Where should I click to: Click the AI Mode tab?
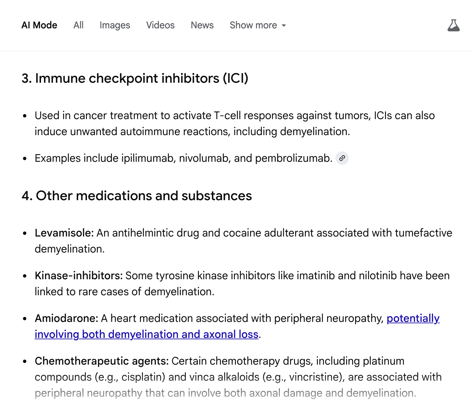[x=39, y=25]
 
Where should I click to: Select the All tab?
[x=78, y=25]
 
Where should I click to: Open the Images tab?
[x=115, y=25]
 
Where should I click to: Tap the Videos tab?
[x=160, y=25]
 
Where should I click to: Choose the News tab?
[x=202, y=25]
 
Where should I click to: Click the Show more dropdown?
[x=258, y=25]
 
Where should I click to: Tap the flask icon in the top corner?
[x=453, y=25]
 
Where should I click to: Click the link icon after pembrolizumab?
[x=342, y=158]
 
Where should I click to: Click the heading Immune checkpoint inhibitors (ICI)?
[x=135, y=78]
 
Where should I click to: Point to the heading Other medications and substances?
[x=137, y=196]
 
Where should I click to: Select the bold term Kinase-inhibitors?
[x=79, y=276]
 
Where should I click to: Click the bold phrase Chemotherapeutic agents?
[x=102, y=361]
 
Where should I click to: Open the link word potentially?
[x=413, y=318]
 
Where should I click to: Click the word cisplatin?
[x=142, y=377]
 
